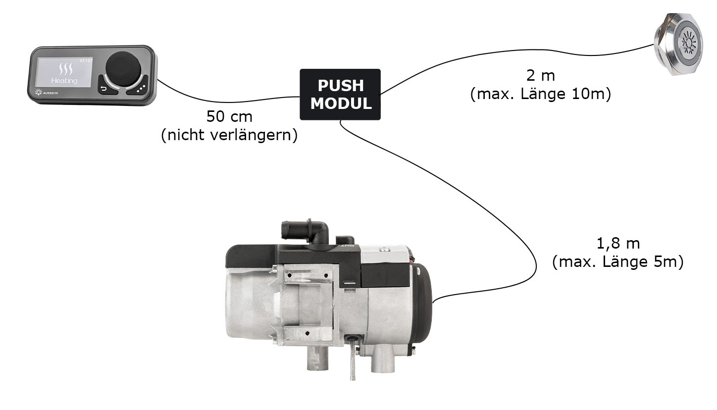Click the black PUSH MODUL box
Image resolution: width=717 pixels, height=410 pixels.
click(x=340, y=94)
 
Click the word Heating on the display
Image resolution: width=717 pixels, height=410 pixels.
click(x=64, y=80)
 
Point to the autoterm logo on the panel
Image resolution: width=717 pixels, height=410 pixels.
click(x=46, y=92)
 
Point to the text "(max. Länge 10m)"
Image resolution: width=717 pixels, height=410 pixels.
click(x=540, y=94)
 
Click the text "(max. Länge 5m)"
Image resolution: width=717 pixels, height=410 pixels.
click(x=617, y=262)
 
